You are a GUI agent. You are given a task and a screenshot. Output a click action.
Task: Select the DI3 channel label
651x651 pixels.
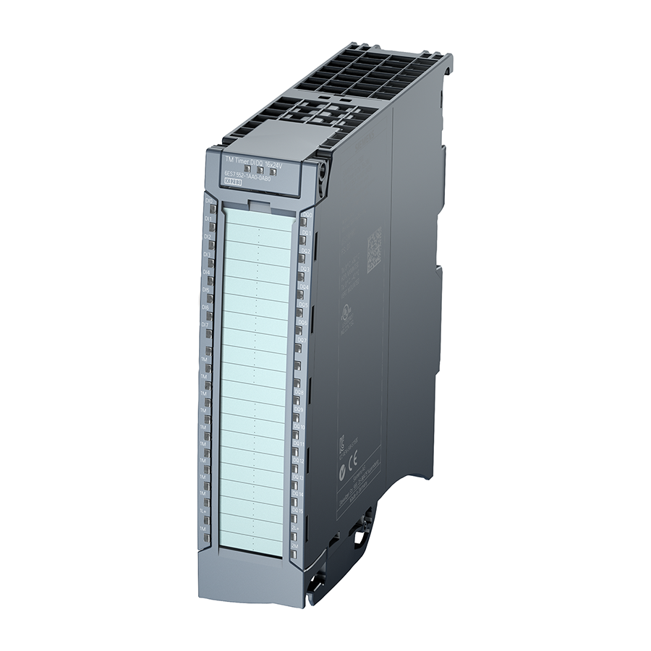(208, 255)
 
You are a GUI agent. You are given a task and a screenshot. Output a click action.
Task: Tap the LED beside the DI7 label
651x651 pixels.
(210, 333)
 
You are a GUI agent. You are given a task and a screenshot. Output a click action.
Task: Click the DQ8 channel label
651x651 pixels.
(301, 391)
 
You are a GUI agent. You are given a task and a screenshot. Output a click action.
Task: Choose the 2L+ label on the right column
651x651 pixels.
(296, 528)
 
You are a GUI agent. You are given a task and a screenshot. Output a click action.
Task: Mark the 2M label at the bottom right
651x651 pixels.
(295, 545)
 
